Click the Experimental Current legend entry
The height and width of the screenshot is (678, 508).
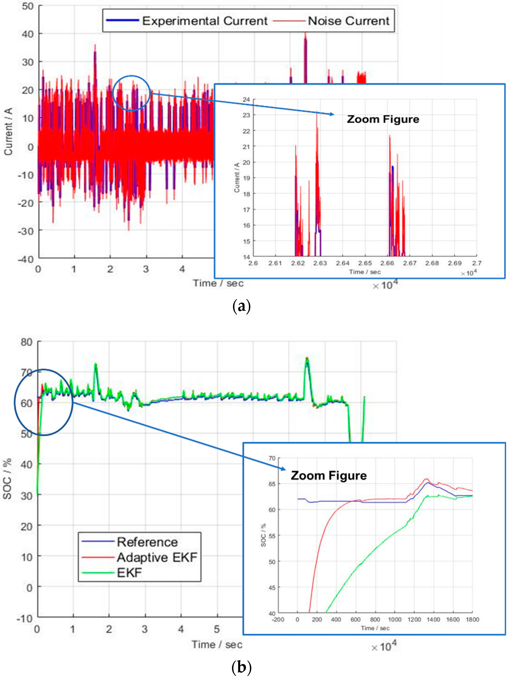pyautogui.click(x=205, y=21)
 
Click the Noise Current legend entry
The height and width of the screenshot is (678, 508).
pyautogui.click(x=348, y=21)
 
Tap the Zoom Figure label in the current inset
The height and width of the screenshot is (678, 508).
pyautogui.click(x=383, y=119)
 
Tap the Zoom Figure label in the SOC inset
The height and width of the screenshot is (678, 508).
pyautogui.click(x=328, y=475)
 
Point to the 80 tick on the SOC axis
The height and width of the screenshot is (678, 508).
pyautogui.click(x=26, y=342)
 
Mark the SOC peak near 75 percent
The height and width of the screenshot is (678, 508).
pyautogui.click(x=307, y=359)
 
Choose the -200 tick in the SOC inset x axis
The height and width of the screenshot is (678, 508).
pyautogui.click(x=278, y=619)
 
